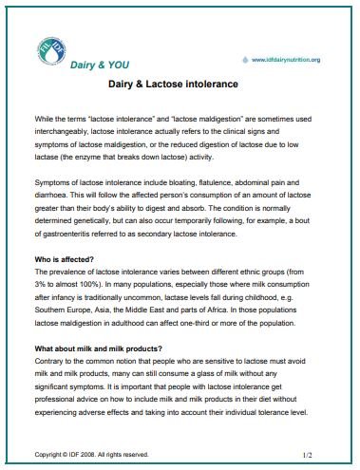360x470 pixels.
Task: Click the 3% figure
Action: coord(42,283)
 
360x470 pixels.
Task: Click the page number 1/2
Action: coord(307,455)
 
